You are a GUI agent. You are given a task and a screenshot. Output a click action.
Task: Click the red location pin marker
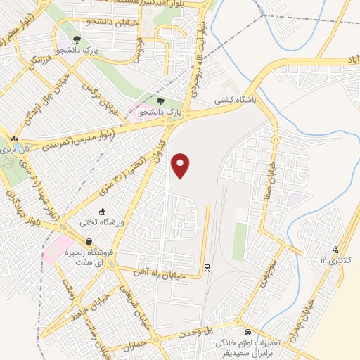point(181,165)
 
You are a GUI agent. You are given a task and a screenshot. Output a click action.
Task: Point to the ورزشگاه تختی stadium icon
point(102,212)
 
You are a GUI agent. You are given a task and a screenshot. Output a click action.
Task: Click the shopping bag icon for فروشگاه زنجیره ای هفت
point(88,241)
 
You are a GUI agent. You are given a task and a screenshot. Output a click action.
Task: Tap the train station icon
point(207,266)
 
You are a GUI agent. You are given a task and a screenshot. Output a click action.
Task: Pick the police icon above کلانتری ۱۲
point(335,248)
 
